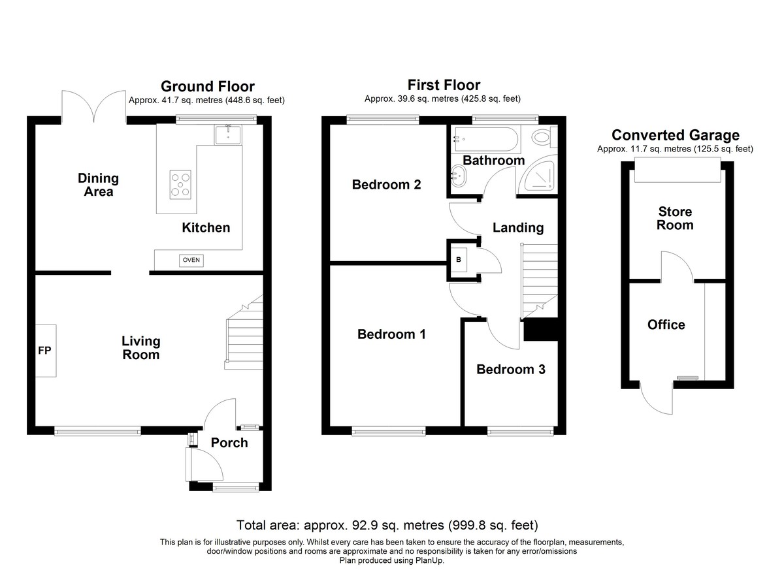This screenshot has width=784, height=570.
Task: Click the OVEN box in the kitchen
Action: tap(191, 261)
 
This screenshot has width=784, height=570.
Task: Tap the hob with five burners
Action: tap(180, 185)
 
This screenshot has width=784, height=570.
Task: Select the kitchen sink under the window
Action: tap(228, 135)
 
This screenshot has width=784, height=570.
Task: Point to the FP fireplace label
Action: tap(44, 351)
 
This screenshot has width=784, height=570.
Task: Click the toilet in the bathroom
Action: tap(544, 137)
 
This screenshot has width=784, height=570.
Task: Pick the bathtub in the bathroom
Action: tap(486, 139)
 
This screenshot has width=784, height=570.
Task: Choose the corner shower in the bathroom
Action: tap(537, 175)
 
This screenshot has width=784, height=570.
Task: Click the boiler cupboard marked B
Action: tap(459, 260)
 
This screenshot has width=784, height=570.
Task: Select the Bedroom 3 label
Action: tap(511, 370)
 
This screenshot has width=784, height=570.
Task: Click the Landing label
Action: tap(518, 228)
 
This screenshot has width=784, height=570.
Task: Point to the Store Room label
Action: tap(675, 218)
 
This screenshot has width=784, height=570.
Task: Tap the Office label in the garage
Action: tap(666, 325)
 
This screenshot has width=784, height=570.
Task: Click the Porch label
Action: tap(229, 443)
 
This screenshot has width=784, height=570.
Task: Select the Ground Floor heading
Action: tap(208, 86)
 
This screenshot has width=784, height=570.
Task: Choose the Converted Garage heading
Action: tap(676, 135)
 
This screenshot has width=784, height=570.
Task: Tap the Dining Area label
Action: tap(99, 185)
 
